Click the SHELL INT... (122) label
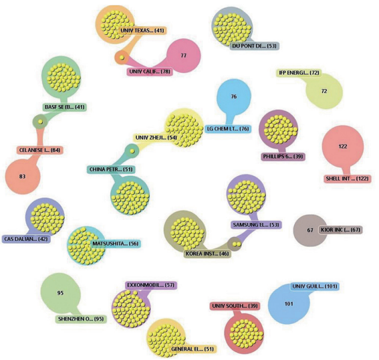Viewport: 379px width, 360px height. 347,179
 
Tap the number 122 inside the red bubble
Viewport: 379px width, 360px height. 343,147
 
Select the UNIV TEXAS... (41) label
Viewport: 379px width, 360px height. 142,31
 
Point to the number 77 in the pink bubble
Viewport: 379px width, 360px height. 184,56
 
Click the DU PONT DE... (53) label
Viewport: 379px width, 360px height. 254,46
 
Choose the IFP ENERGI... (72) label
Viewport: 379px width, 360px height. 299,72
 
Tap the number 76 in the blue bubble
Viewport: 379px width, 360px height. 234,96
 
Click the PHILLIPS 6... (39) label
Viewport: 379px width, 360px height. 283,157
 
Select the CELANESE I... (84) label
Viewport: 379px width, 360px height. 39,151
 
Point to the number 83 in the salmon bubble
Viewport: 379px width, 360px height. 22,177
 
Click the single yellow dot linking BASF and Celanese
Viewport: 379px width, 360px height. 41,122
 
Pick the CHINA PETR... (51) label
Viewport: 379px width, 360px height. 111,169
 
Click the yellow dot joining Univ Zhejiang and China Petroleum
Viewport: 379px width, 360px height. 132,151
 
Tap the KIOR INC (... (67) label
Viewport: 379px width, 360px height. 340,230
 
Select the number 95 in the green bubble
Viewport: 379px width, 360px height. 60,293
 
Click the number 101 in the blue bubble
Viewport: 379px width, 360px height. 289,304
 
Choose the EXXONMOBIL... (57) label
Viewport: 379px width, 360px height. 151,285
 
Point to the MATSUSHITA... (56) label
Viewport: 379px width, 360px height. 116,244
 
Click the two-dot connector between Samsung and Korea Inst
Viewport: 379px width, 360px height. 237,244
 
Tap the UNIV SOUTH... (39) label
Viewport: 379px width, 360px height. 235,306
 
